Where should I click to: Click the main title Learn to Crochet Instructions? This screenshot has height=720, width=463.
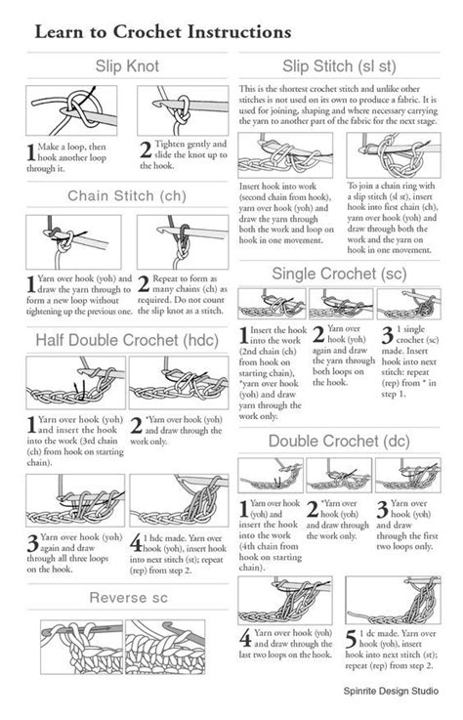tap(162, 31)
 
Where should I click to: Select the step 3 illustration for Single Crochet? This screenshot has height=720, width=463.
tap(407, 303)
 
